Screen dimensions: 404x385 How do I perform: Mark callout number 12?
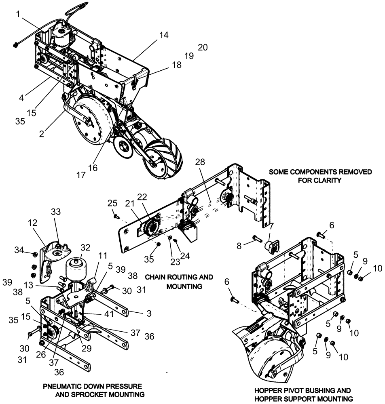click(x=32, y=223)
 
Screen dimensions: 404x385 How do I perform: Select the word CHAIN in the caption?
click(x=157, y=278)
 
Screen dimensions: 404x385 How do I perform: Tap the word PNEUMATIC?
click(x=63, y=386)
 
